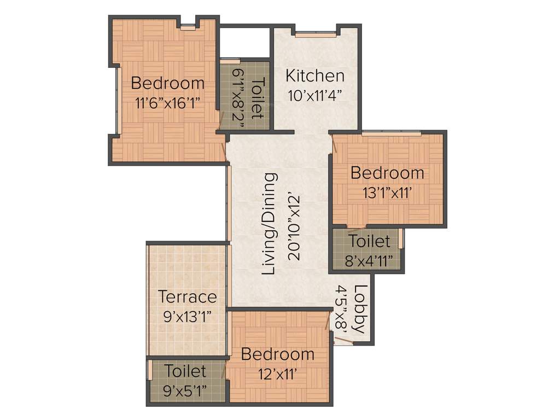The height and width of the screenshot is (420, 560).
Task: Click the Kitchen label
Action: pos(315,75)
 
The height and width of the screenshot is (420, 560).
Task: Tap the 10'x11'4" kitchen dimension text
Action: pos(315,95)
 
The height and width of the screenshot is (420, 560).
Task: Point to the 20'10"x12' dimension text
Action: pos(293,224)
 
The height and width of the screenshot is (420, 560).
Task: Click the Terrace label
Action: pos(187,297)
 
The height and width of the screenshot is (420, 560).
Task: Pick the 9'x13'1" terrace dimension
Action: pos(187,316)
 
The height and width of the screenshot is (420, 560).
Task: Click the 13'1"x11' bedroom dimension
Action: pos(387,192)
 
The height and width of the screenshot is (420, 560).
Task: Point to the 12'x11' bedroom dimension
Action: pos(277,374)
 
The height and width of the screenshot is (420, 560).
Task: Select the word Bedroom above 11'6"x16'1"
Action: pos(168,84)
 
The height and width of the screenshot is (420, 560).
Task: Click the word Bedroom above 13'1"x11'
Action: pos(387,173)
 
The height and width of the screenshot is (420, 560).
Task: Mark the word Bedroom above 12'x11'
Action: pos(278,354)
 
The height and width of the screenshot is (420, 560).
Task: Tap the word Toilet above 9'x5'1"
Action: pos(186,371)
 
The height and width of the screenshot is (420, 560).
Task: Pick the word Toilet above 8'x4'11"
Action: pos(370,241)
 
